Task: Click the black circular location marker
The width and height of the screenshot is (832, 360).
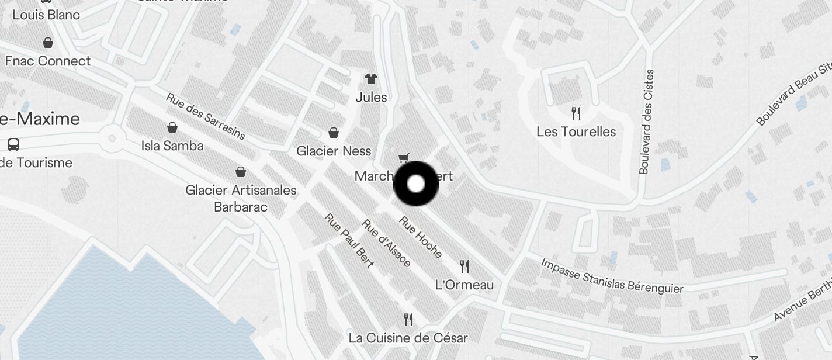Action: click(x=415, y=184)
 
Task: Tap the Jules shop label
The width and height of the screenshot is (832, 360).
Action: click(x=371, y=97)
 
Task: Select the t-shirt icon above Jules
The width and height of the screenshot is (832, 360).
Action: click(x=371, y=78)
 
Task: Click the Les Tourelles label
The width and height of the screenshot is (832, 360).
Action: click(x=576, y=131)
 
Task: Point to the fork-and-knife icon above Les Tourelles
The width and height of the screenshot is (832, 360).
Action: click(x=576, y=113)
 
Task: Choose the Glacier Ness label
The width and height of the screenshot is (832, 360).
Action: click(x=334, y=151)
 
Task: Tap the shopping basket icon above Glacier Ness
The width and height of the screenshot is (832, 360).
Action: click(x=334, y=133)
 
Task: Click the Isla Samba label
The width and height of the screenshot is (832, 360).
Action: click(x=172, y=146)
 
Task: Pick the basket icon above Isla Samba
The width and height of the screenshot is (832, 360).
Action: click(x=172, y=127)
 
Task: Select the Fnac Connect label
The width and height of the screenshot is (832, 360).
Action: click(x=48, y=61)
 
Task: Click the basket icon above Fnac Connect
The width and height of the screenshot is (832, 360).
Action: click(x=48, y=43)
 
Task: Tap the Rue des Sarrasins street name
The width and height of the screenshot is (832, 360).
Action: click(x=205, y=116)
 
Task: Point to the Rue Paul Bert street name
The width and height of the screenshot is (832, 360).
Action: click(x=349, y=241)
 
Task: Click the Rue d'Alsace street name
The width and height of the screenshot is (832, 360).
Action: click(x=386, y=243)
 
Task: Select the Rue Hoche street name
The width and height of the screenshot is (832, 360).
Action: click(x=421, y=237)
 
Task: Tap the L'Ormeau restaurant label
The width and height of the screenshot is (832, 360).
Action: click(x=464, y=285)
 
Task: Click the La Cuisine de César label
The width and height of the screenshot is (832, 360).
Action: click(x=408, y=338)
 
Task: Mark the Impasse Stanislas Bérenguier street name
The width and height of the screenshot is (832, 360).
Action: click(x=612, y=275)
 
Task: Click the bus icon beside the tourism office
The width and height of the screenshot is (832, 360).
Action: click(x=13, y=144)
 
